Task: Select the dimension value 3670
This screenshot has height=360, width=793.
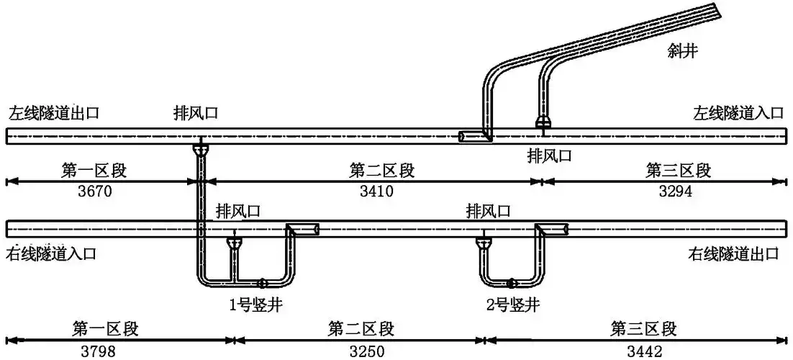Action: click(x=94, y=192)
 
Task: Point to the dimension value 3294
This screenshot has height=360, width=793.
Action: click(x=678, y=192)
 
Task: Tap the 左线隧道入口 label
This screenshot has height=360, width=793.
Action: click(x=738, y=113)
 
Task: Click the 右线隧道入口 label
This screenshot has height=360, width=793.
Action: click(x=51, y=253)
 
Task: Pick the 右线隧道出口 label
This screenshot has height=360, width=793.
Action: click(x=733, y=253)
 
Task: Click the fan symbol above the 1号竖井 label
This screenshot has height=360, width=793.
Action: click(x=263, y=283)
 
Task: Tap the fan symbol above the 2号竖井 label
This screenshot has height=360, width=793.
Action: click(x=511, y=283)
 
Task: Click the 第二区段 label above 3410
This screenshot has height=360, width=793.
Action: click(x=381, y=171)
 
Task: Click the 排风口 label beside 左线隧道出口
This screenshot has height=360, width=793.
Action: click(x=195, y=113)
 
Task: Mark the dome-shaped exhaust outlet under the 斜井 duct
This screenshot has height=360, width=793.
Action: click(x=544, y=122)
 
